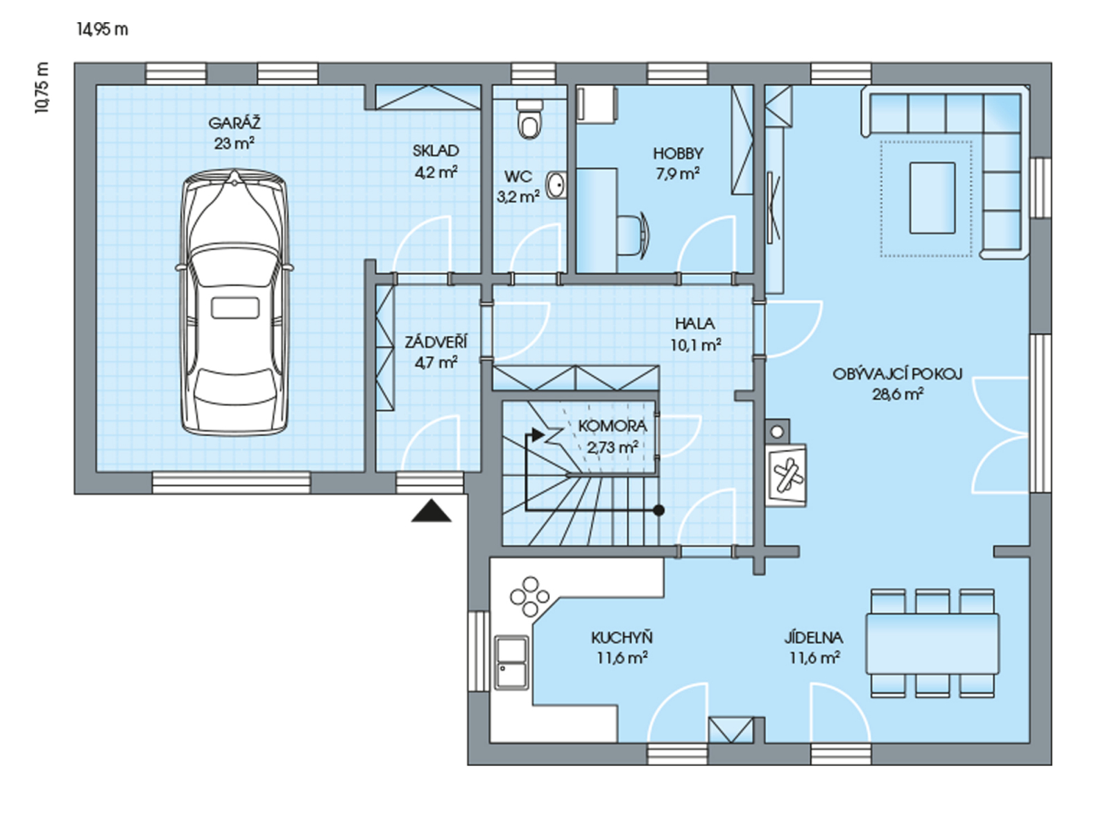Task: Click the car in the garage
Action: point(234,302)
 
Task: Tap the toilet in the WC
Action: point(529,119)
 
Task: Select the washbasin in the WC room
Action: point(556,185)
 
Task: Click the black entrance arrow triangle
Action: point(431,510)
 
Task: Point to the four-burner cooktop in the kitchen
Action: point(529,597)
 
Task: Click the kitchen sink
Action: point(512,662)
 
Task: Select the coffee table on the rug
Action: point(932,198)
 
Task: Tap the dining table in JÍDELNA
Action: point(932,643)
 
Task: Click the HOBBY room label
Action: point(678,153)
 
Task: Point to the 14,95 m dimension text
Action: point(103,29)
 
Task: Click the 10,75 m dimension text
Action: point(42,88)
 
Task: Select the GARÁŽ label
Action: point(234,123)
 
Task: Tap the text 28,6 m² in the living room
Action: point(898,394)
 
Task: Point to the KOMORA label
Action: point(613,426)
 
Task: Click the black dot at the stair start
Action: point(658,510)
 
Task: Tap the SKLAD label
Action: point(436,151)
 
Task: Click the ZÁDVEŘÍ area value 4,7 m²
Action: point(436,362)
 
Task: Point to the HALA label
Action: point(695,323)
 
